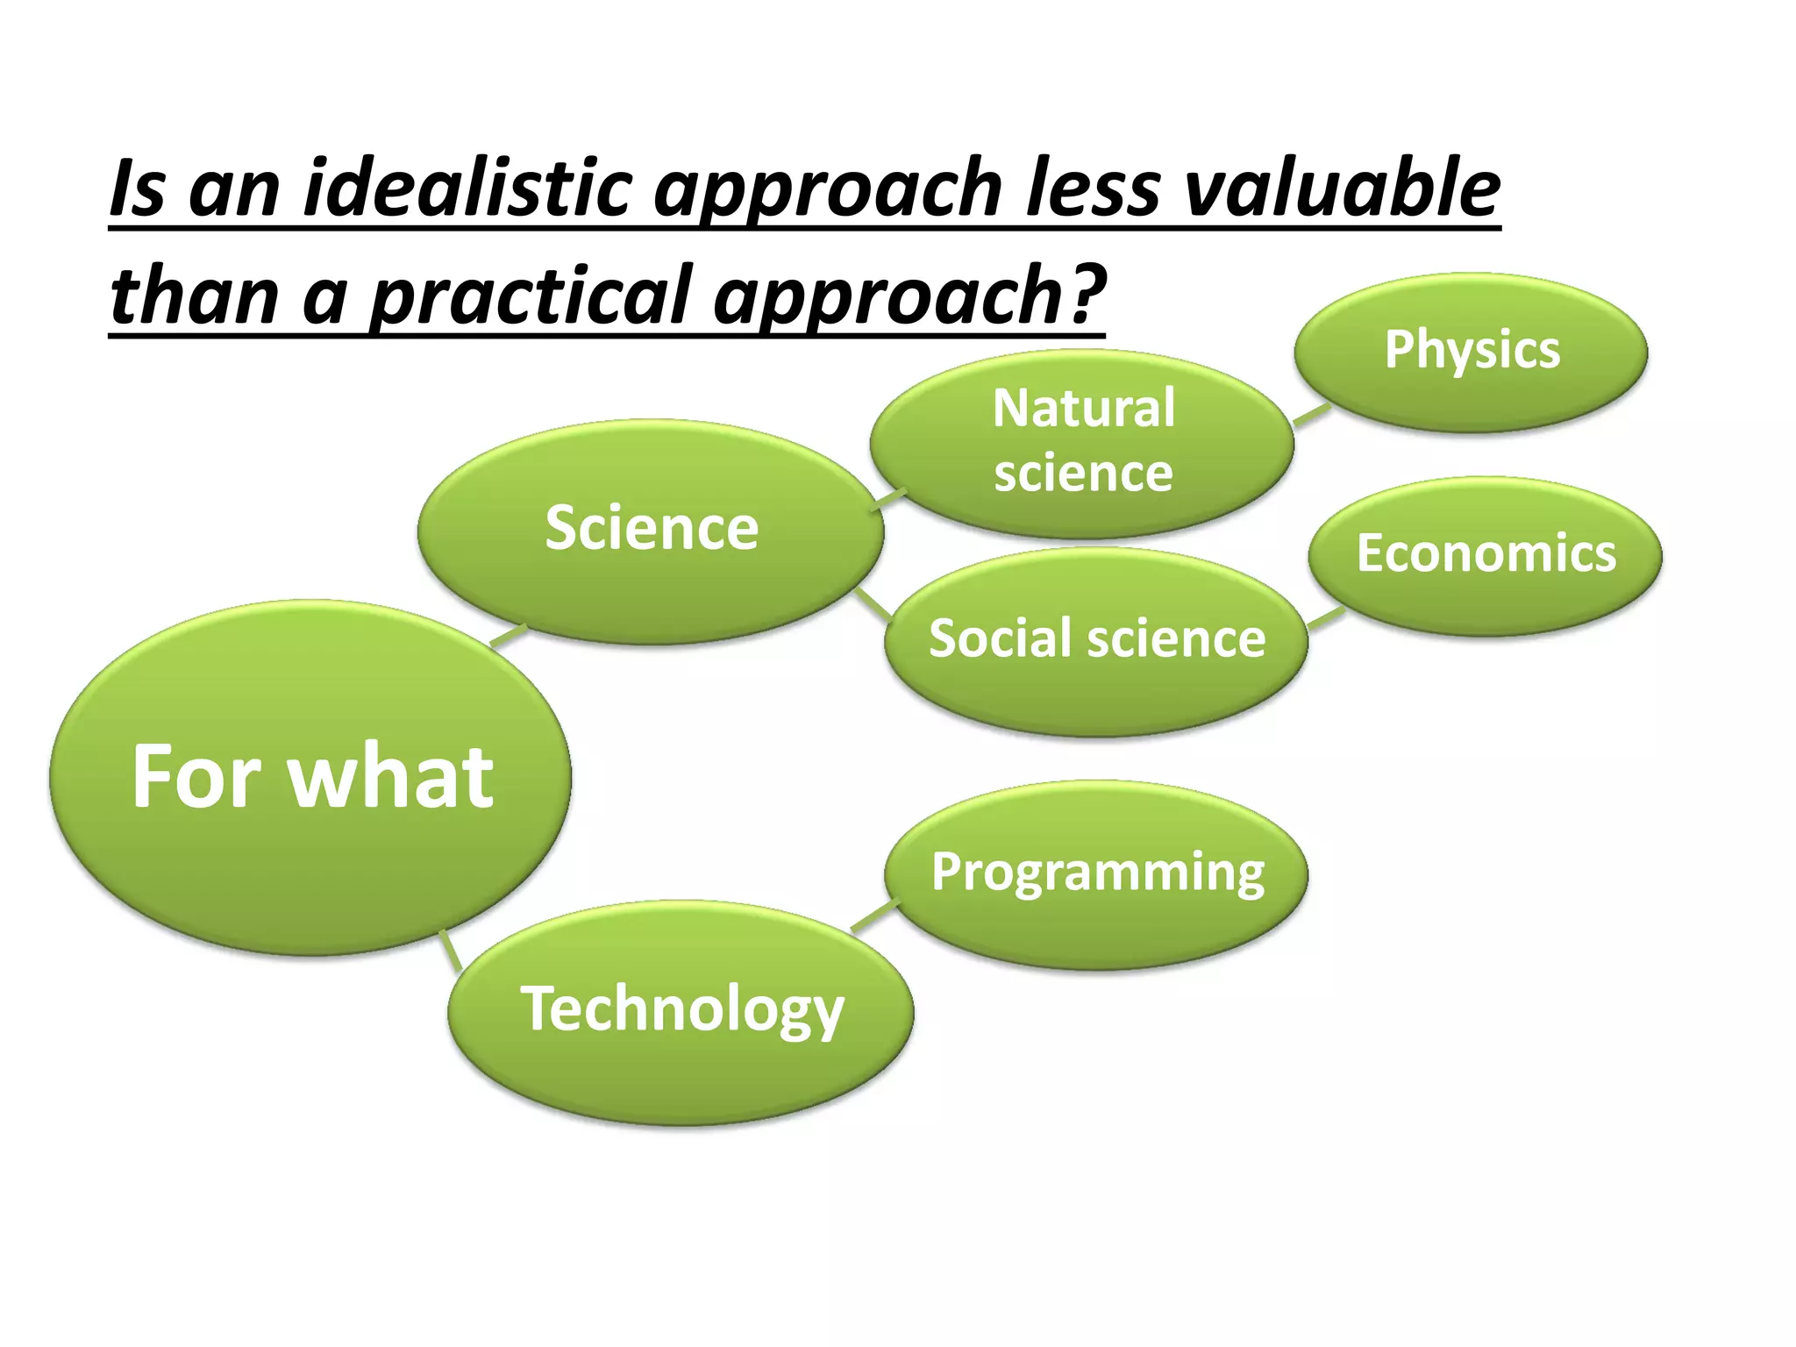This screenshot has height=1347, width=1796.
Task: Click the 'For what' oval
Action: coord(310,777)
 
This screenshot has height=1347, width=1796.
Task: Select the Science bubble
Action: coord(651,530)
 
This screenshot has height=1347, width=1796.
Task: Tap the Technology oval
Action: coord(681,1010)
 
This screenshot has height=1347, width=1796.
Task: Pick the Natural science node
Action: coord(1082,442)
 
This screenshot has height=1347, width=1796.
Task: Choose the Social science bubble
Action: coord(1096,639)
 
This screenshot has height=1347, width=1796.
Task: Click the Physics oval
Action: coord(1472,351)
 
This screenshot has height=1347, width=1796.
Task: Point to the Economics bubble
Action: coord(1486,554)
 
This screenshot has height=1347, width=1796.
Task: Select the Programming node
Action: coord(1096,873)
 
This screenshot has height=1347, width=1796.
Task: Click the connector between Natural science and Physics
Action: coord(1312,416)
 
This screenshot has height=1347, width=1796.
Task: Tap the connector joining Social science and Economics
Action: coord(1326,617)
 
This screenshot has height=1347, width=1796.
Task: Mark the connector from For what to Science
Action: coord(509,635)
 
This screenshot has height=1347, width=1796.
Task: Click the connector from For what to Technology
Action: coord(451,949)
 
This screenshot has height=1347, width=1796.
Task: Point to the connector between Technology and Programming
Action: coord(875,916)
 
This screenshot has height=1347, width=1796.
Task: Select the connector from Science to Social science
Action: coord(873,603)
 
